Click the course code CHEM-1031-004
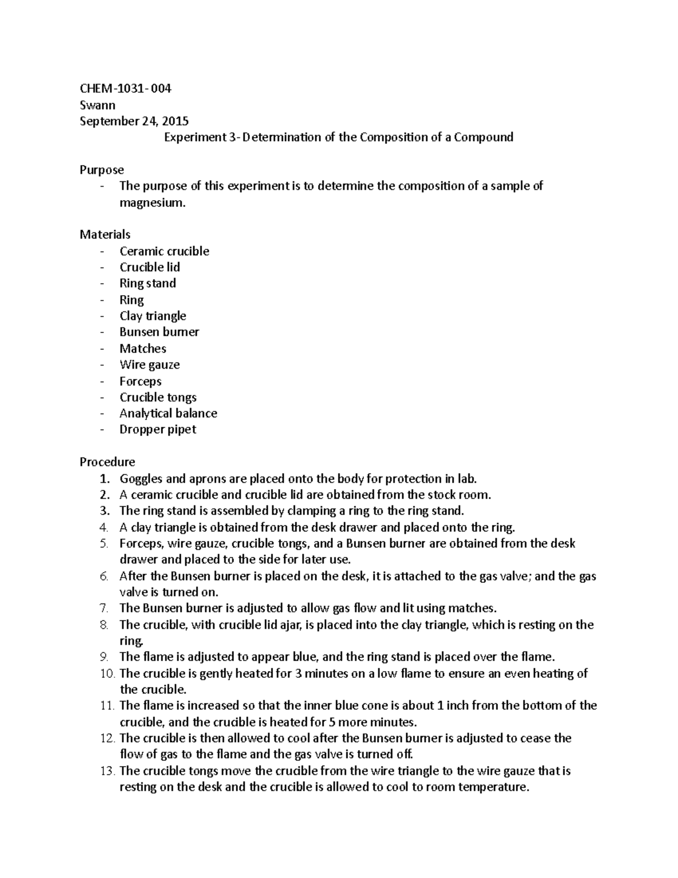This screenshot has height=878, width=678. (x=125, y=89)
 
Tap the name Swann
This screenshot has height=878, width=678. (x=97, y=105)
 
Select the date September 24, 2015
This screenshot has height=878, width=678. (x=134, y=121)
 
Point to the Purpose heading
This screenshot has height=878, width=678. (x=102, y=170)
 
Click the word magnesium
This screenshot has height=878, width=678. (x=152, y=203)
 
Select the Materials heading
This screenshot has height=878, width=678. (x=105, y=235)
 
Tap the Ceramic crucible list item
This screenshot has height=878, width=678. (x=164, y=251)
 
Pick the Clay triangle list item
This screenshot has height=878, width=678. (x=153, y=316)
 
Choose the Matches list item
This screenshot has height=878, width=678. (x=142, y=349)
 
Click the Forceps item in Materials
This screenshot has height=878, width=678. (x=140, y=382)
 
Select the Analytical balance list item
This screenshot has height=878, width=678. (x=168, y=413)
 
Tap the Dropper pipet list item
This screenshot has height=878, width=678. (x=158, y=430)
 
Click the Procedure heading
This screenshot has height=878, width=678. (x=107, y=462)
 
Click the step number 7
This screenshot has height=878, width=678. (x=103, y=609)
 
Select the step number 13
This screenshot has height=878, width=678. (x=107, y=771)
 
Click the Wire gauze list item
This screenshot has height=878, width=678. (x=149, y=365)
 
